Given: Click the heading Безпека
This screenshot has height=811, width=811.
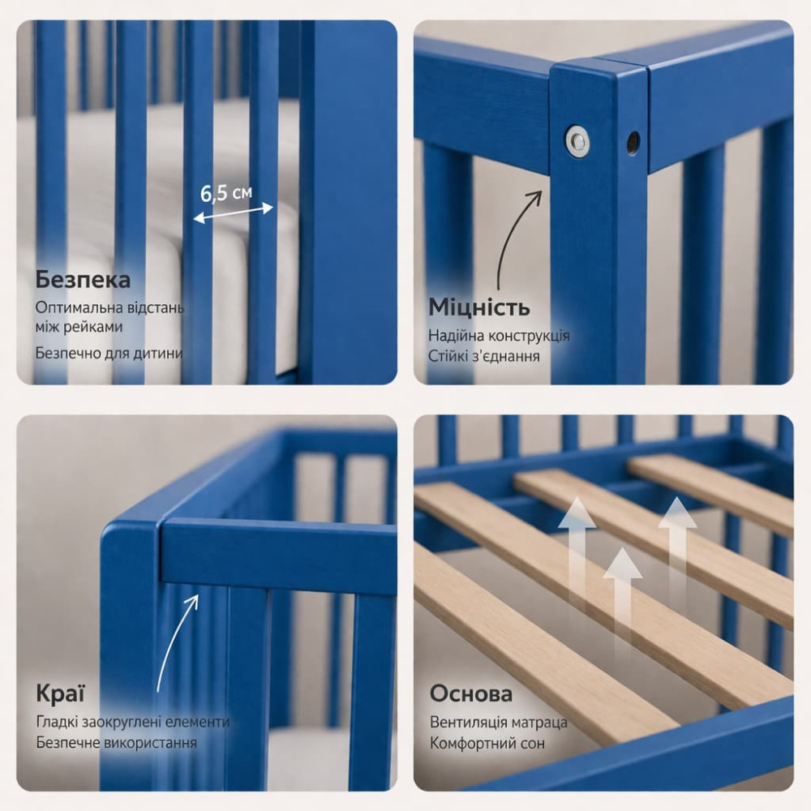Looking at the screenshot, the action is tap(83, 280).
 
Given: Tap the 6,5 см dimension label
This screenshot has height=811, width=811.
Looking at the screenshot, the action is tap(226, 193).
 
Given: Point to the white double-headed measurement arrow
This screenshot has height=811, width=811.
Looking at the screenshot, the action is tap(233, 213).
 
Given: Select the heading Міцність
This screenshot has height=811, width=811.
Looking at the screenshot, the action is tap(479, 307).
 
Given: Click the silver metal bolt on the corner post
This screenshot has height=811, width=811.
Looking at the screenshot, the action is tap(577, 139).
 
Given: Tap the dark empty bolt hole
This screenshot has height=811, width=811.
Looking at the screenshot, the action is tap(633, 142).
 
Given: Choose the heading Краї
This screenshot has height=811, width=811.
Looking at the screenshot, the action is tap(60, 693).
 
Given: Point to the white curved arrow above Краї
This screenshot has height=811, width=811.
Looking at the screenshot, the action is tap(174, 642).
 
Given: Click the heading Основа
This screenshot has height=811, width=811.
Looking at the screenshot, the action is tap(470, 693).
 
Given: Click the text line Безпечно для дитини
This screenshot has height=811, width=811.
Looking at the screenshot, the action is tap(109, 354).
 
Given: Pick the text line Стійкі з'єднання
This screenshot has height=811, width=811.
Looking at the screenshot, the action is tap(483, 356).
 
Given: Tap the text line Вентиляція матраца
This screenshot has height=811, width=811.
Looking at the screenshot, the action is tap(498, 722).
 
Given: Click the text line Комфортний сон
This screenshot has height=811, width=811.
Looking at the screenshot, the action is tap(487, 744).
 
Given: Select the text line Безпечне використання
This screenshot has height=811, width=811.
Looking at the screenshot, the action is tap(116, 743).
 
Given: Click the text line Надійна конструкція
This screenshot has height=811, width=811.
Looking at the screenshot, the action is tap(499, 337).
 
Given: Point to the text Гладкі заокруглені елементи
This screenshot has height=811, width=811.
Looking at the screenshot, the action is tap(133, 722).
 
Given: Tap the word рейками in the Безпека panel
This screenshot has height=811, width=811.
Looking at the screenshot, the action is tap(93, 327).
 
